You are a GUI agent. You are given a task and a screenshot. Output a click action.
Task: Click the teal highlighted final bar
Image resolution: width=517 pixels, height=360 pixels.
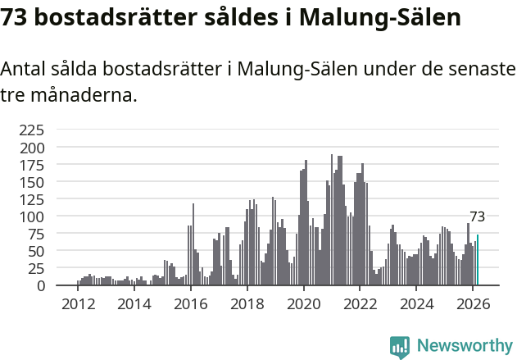pos(477,261)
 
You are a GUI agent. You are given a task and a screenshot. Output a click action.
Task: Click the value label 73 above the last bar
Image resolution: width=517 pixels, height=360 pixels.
pos(477,217)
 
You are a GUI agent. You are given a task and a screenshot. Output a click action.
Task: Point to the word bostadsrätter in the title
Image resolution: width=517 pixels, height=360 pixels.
pos(111,18)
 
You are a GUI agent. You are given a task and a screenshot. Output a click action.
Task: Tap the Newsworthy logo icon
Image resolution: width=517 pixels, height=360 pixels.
pos(399,347)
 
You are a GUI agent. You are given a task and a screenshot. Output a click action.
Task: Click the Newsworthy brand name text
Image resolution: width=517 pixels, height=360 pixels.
pos(464,347)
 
